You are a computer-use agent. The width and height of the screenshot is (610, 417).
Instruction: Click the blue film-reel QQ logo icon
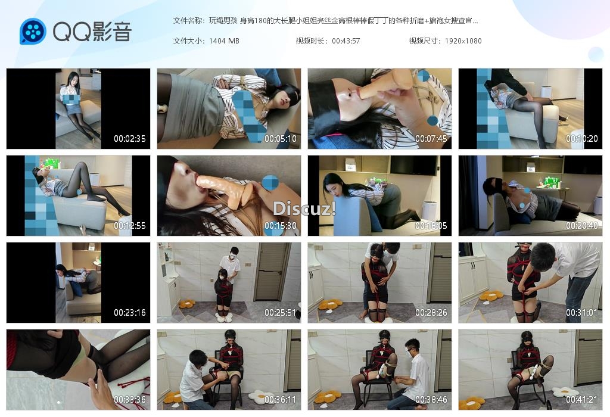tap(33, 31)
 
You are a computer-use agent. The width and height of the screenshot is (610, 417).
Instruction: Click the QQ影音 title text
tap(92, 32)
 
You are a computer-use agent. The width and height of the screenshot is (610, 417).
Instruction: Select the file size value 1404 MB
tap(224, 41)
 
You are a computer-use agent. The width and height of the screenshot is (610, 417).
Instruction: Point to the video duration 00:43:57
tap(346, 41)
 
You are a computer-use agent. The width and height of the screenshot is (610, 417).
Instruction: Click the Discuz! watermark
tap(304, 209)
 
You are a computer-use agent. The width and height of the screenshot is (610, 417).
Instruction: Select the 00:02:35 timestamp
tap(129, 138)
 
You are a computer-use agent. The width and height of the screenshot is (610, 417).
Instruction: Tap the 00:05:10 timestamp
tap(280, 138)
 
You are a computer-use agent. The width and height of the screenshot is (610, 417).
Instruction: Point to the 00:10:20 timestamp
tap(581, 138)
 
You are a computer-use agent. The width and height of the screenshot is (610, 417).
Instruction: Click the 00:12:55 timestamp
tap(129, 226)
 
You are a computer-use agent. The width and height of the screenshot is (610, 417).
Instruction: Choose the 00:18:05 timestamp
tap(431, 226)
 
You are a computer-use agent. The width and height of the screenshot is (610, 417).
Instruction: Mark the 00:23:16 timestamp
tap(129, 312)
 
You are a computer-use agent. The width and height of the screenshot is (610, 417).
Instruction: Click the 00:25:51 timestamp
tap(280, 312)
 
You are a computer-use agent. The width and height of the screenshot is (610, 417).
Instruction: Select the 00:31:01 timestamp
tap(581, 312)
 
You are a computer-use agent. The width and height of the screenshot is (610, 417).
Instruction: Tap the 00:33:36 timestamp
tap(129, 400)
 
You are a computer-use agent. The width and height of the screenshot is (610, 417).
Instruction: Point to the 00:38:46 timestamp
tap(431, 400)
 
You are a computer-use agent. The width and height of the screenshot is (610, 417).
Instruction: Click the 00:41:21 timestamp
tap(581, 400)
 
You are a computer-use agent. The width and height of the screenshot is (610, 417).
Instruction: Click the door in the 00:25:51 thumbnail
tap(271, 272)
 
